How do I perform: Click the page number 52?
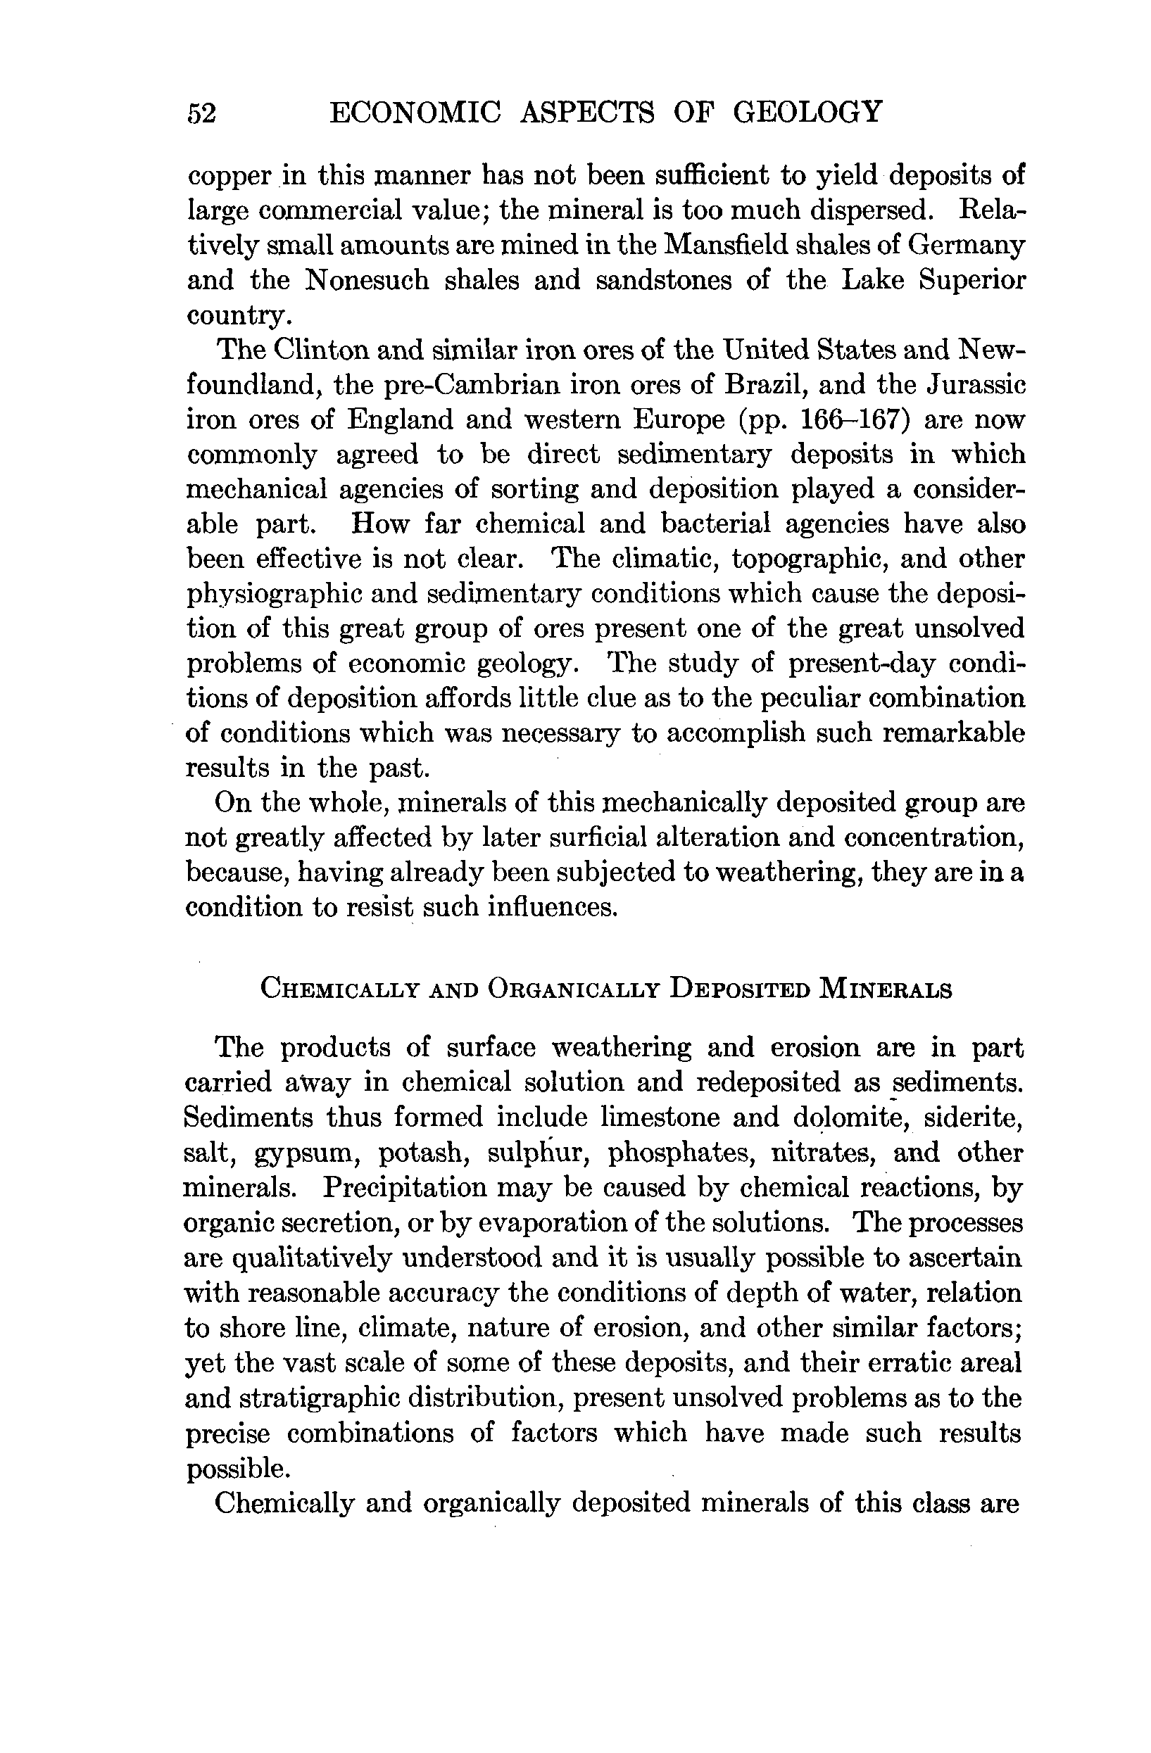pyautogui.click(x=201, y=114)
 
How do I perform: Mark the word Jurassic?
pyautogui.click(x=976, y=384)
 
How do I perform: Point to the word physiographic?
pyautogui.click(x=277, y=595)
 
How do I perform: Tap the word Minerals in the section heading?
pyautogui.click(x=884, y=989)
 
